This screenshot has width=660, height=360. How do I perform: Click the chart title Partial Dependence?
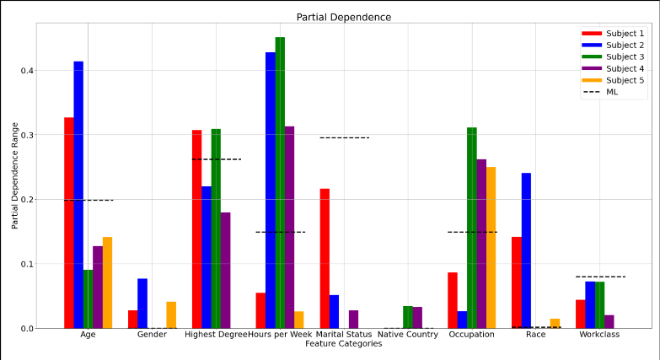[343, 17]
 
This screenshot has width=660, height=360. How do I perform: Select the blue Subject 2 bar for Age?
[78, 195]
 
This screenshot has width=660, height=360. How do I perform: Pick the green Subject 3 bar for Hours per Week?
[280, 183]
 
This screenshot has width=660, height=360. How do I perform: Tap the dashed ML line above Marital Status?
[344, 137]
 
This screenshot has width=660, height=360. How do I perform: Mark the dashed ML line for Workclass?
[600, 277]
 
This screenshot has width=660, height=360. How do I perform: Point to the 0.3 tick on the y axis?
[28, 135]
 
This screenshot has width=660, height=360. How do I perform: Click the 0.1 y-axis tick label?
[28, 264]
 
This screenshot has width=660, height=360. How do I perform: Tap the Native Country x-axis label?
[408, 335]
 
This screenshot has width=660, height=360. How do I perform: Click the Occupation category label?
[472, 335]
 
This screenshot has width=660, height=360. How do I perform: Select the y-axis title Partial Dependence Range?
[15, 175]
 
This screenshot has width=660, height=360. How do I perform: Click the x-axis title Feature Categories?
[343, 344]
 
